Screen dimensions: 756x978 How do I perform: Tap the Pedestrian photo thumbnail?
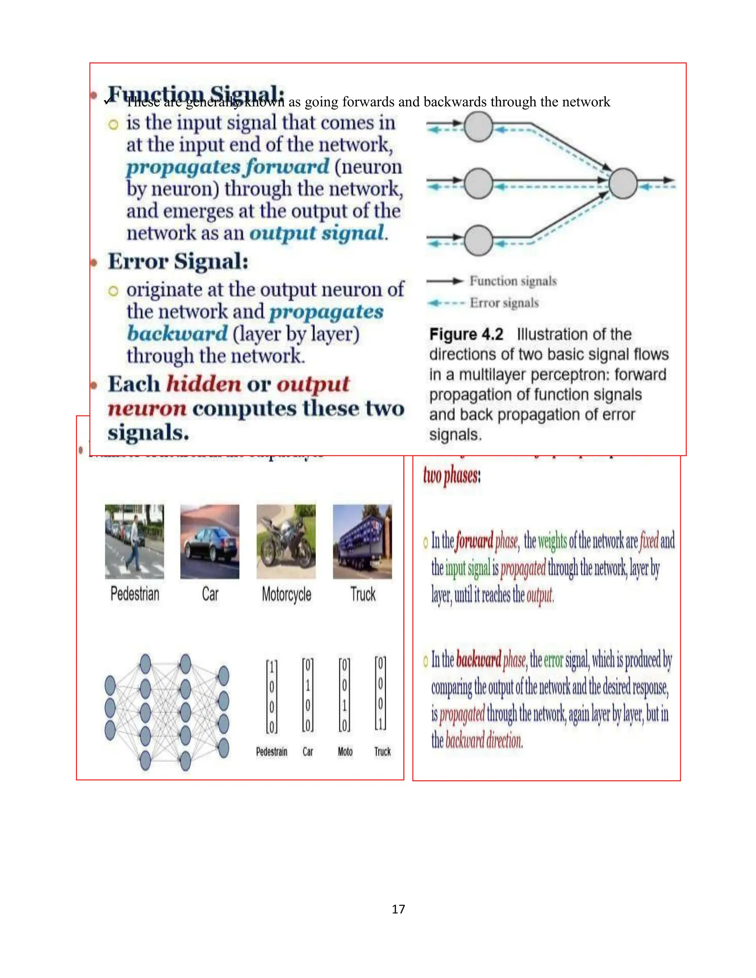tap(134, 541)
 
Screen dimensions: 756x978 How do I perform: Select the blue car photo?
tap(210, 541)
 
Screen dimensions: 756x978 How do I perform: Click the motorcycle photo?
tap(286, 541)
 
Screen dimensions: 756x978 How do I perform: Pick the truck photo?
tap(362, 541)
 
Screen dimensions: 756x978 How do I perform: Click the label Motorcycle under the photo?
tap(286, 594)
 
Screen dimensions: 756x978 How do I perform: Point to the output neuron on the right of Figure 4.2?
tap(623, 183)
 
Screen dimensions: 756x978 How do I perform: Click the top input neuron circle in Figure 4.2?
tap(478, 127)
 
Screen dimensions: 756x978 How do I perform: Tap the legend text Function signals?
tap(513, 281)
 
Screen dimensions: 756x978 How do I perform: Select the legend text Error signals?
tap(504, 303)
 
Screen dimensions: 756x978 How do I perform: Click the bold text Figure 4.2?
tap(466, 334)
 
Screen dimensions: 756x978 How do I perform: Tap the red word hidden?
tap(204, 384)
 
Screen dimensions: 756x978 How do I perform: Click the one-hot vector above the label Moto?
tap(344, 695)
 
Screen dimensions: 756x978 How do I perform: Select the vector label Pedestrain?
tap(271, 751)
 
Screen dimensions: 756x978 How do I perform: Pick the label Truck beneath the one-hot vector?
tap(382, 751)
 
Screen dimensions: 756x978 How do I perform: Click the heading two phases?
tap(451, 476)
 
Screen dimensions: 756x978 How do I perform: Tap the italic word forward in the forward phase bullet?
tap(474, 541)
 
